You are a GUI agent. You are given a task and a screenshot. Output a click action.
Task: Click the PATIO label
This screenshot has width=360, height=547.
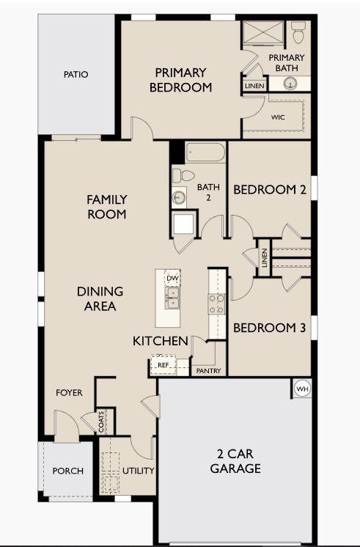tap(76, 74)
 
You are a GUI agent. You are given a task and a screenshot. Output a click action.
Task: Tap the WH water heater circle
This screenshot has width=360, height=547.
tap(302, 389)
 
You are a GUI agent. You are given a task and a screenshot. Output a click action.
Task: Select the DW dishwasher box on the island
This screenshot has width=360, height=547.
tap(172, 278)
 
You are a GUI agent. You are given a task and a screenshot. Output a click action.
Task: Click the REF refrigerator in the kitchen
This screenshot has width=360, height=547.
tap(163, 365)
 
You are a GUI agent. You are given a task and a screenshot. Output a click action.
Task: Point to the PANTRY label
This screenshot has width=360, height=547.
tap(209, 371)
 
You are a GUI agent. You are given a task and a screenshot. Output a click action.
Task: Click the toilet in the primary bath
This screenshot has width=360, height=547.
tap(298, 32)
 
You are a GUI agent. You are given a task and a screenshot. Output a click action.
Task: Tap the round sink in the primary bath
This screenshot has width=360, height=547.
tap(290, 84)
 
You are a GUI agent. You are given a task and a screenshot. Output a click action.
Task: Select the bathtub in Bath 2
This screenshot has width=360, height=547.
tap(205, 152)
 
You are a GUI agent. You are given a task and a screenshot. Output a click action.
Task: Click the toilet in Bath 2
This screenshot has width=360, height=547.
tap(183, 175)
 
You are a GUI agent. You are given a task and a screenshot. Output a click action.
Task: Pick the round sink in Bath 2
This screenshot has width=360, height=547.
tap(179, 198)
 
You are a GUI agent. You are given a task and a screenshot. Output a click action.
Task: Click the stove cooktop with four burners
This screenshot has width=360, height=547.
tap(216, 304)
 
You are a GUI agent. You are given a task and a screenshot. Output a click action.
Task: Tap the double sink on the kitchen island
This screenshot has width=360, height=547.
tap(172, 298)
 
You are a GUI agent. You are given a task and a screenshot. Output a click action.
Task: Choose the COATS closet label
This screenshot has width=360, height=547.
tap(101, 422)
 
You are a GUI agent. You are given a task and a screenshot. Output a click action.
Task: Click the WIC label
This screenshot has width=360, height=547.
tap(278, 117)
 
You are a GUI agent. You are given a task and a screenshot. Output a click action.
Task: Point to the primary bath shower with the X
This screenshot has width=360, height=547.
tap(263, 33)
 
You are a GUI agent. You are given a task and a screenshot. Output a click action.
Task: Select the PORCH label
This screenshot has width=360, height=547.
tap(68, 471)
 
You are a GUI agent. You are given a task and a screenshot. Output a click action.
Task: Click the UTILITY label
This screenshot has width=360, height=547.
tap(139, 471)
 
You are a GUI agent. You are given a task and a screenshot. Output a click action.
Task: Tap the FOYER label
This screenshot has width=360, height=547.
tap(69, 393)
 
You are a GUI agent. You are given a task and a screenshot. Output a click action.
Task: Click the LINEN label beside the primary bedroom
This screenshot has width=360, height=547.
tap(254, 86)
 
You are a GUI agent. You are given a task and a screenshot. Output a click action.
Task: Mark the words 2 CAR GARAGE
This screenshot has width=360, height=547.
tap(235, 460)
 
